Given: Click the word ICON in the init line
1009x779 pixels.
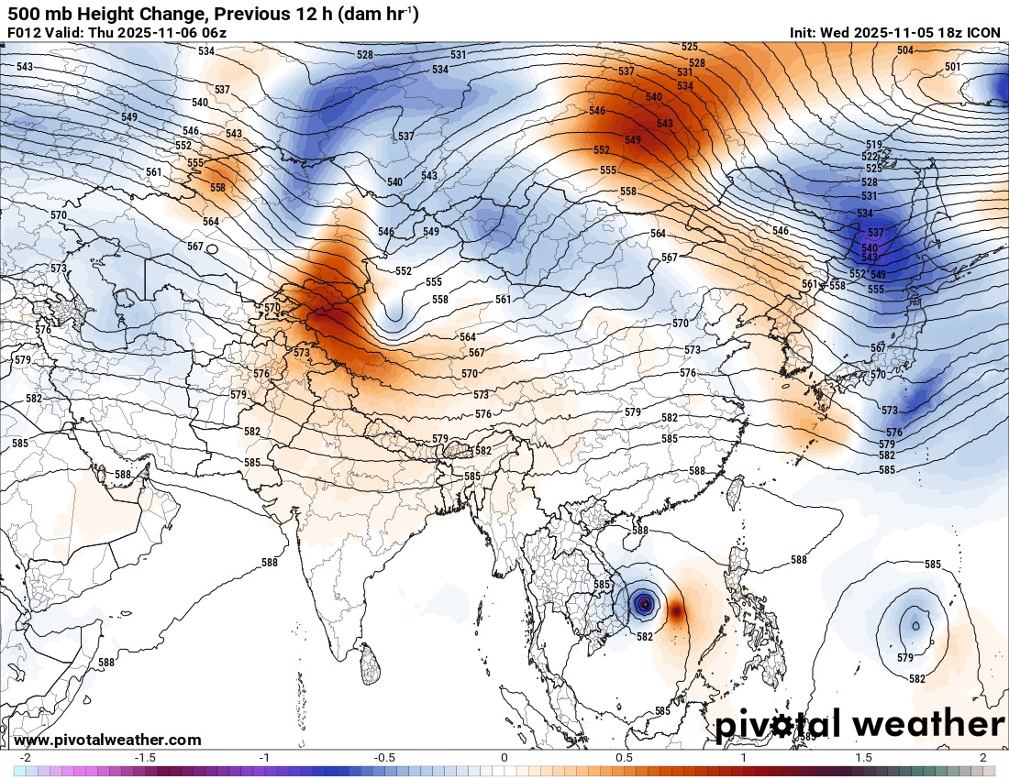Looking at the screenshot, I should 984,33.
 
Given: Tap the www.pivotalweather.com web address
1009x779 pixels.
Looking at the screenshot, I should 107,740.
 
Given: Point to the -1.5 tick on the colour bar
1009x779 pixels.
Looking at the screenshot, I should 144,758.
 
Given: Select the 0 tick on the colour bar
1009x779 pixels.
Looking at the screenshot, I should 504,758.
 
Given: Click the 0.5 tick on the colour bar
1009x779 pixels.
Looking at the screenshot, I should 625,758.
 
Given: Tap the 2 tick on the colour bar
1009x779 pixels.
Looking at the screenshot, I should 982,758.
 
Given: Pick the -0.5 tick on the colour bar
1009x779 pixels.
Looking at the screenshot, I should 384,758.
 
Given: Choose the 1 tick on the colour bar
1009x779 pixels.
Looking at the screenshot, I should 744,758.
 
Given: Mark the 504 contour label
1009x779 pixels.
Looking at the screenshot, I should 905,50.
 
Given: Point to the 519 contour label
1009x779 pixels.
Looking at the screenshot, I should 873,146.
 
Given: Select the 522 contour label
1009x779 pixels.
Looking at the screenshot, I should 871,157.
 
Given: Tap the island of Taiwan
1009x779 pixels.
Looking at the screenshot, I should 734,492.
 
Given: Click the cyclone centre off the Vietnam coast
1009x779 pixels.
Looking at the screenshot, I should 645,603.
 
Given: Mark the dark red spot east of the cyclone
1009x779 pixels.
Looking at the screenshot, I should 676,609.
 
